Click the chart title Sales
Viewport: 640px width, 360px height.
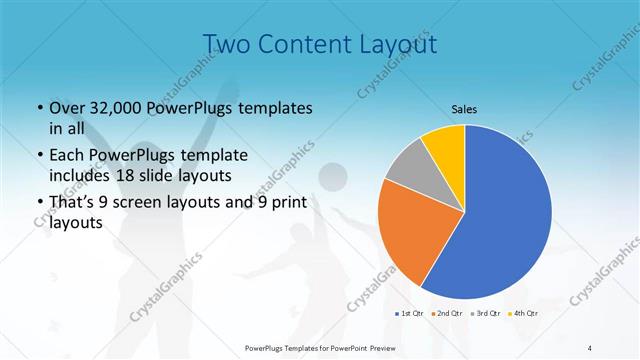coord(464,108)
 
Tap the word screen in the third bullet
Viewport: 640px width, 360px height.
coord(146,204)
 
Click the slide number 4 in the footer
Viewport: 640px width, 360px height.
coord(590,347)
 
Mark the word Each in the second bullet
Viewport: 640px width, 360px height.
coord(66,156)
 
